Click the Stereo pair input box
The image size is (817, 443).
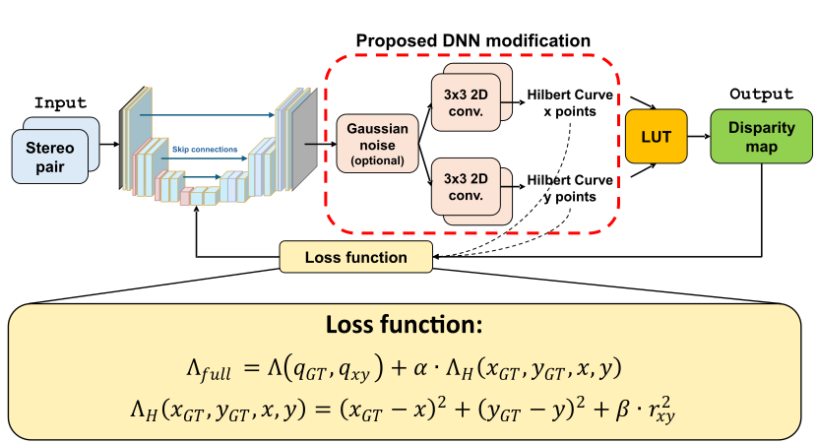50,157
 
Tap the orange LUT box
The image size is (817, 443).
656,137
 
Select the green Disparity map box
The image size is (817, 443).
761,137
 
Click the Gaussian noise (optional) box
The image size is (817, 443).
377,144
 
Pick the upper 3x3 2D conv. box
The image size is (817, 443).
466,102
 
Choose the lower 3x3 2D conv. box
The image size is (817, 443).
466,187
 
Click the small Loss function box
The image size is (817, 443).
356,257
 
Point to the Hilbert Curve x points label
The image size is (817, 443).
570,103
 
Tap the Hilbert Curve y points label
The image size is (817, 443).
570,188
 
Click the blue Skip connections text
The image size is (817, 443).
205,150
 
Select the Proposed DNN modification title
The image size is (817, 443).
473,40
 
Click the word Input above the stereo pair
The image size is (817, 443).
60,102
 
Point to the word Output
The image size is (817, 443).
761,94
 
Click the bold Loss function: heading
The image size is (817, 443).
405,325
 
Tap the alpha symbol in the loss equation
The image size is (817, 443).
420,368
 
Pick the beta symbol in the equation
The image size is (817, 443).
623,410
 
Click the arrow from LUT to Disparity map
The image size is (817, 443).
699,137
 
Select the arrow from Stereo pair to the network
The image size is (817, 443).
109,144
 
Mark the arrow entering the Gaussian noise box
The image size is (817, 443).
321,144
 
